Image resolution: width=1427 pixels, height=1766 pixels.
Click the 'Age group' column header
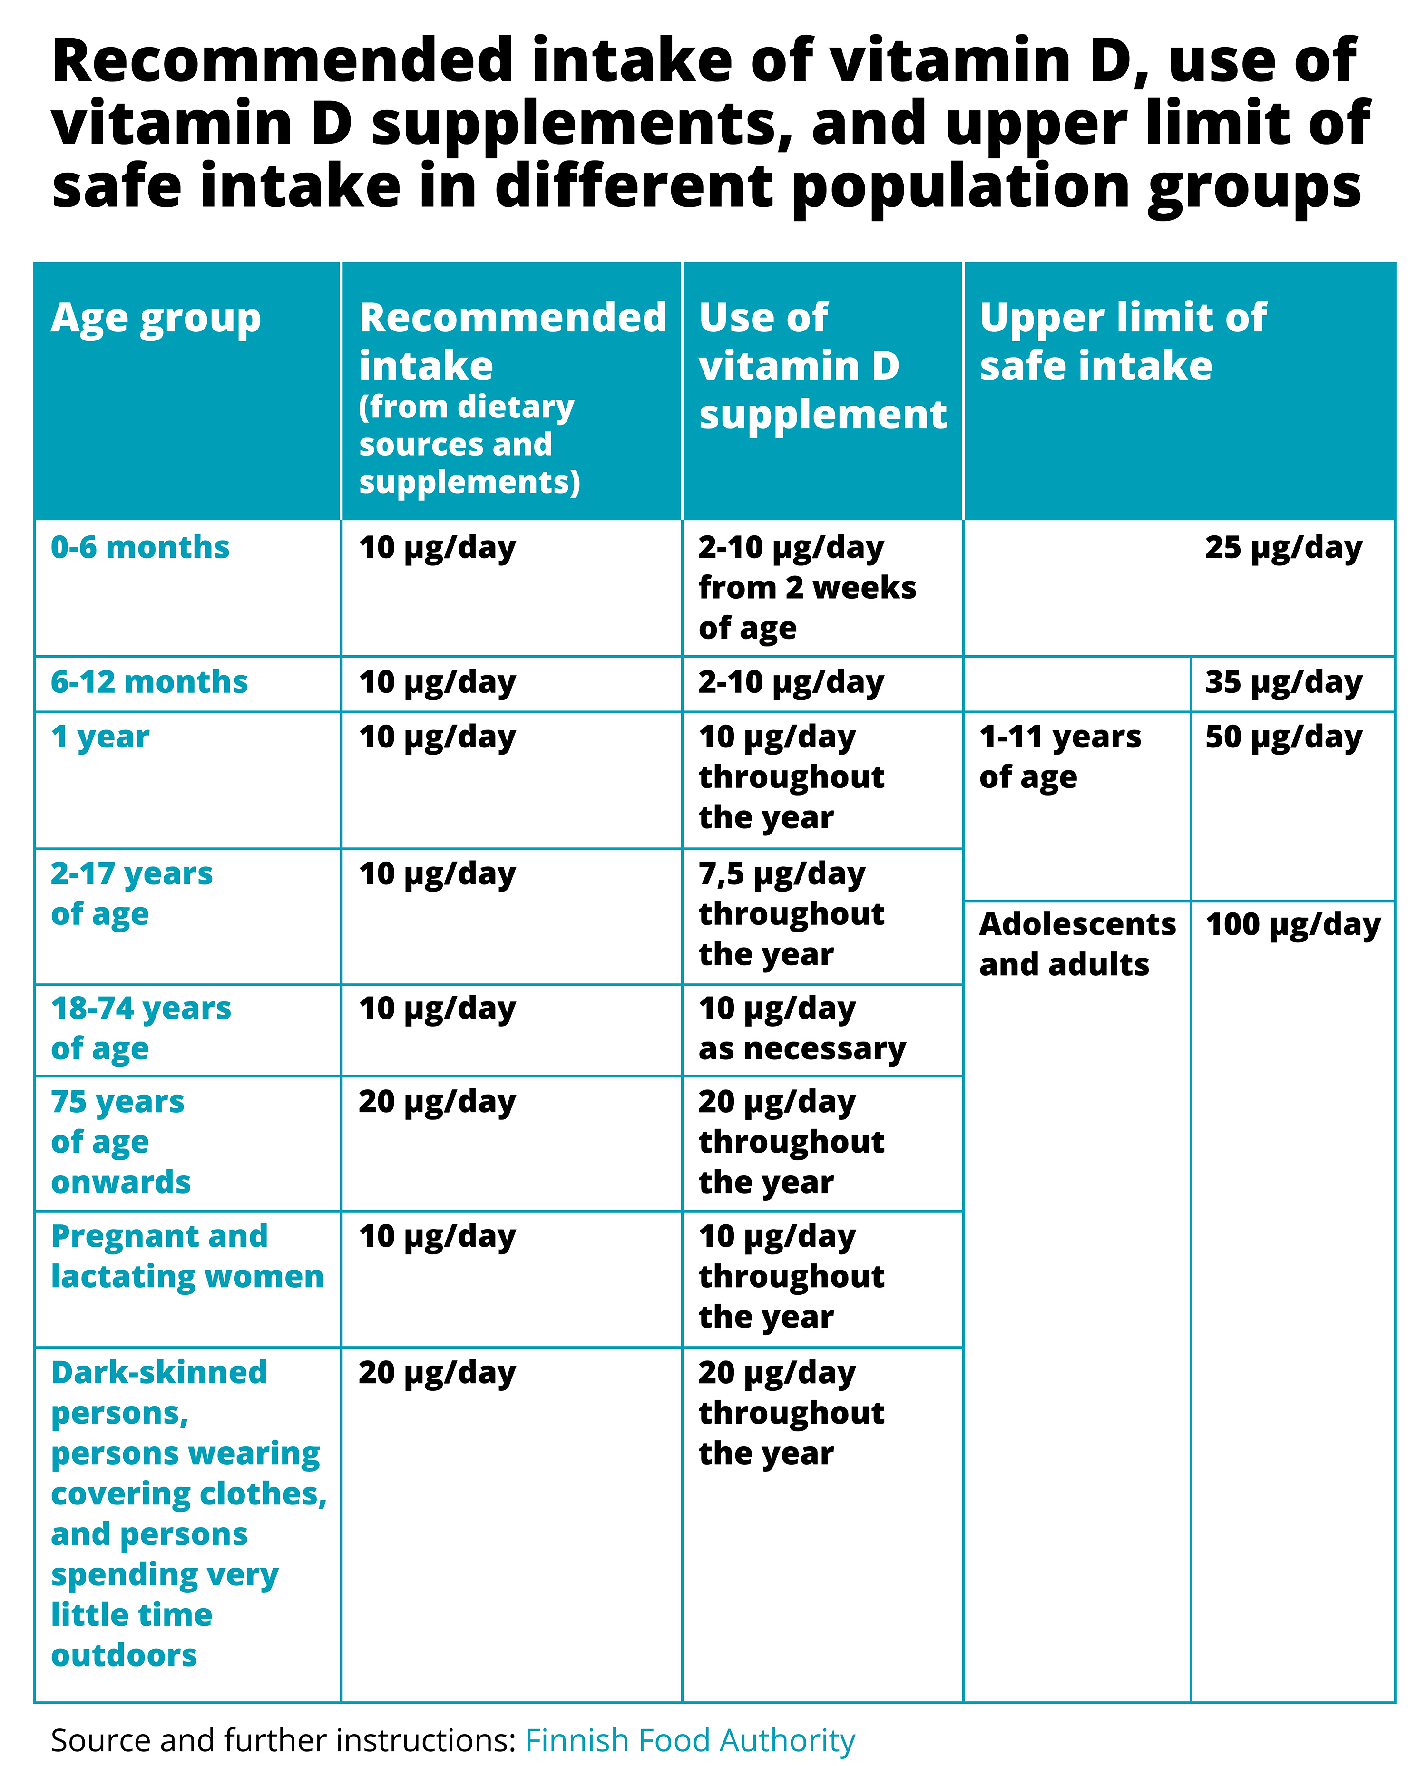coord(156,319)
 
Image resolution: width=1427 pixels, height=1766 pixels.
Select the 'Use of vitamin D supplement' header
coord(822,366)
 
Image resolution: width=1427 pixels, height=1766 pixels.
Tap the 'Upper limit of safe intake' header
coord(1122,341)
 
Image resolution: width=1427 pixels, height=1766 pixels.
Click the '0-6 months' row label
coord(140,547)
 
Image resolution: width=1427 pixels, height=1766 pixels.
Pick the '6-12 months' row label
coord(149,682)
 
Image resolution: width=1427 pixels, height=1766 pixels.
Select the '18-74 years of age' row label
coord(141,1028)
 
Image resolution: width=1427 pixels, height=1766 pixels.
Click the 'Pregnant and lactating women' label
coord(186,1256)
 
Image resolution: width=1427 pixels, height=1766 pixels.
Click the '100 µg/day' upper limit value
coord(1293,924)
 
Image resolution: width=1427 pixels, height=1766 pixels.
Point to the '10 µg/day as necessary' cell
coord(801,1028)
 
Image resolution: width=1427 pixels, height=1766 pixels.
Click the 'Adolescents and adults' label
coord(1077,944)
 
